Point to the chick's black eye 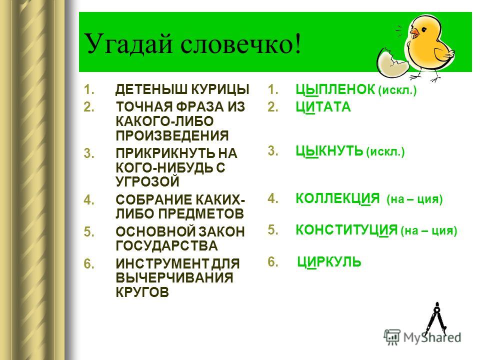[x=423, y=29]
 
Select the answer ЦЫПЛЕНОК [x=335, y=89]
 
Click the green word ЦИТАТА [x=323, y=107]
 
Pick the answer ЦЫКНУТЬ [x=329, y=151]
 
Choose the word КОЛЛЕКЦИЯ [x=337, y=198]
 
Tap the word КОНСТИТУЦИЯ [x=346, y=230]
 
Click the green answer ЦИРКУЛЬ [x=329, y=262]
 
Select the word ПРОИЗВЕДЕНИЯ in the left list [x=172, y=135]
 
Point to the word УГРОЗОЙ [x=147, y=181]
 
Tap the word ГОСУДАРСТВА [x=167, y=246]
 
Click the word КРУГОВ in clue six [x=142, y=292]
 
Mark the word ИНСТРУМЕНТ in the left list [x=161, y=264]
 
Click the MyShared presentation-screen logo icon [x=392, y=337]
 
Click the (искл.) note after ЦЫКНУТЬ [x=385, y=152]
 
